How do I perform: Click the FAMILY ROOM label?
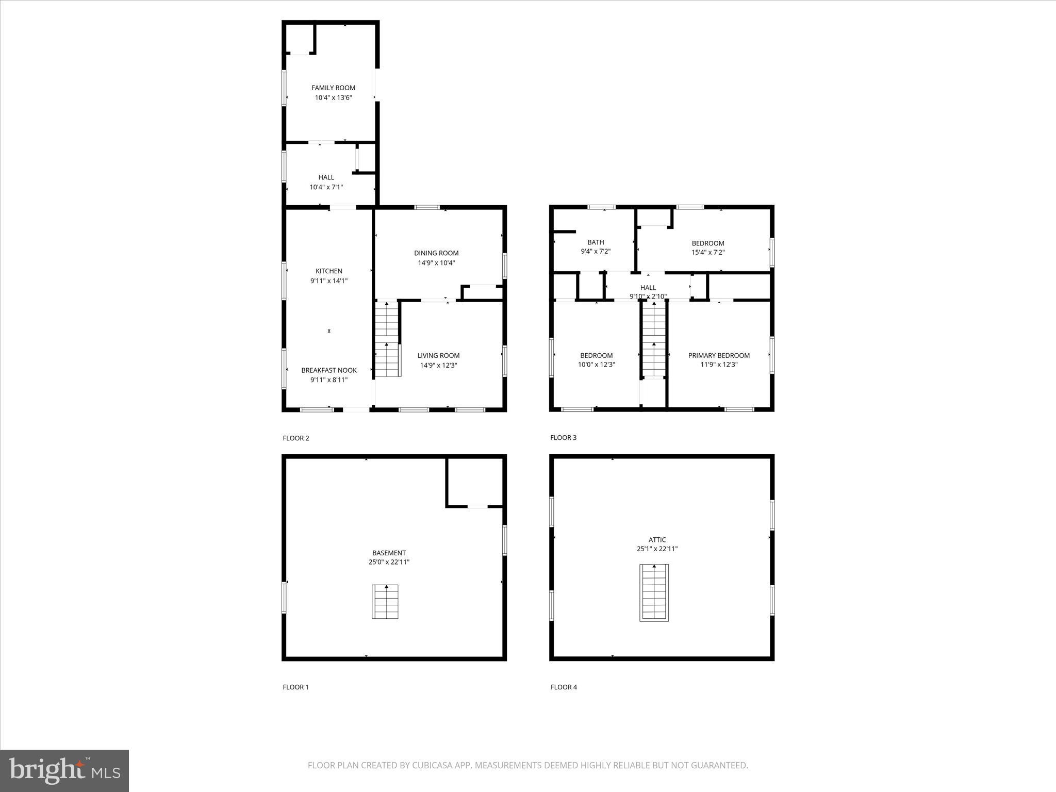tap(333, 88)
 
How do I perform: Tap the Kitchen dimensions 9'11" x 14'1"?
tap(329, 281)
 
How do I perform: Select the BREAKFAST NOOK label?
tap(329, 370)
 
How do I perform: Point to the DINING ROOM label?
tap(436, 253)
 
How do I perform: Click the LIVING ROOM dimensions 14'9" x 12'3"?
tap(438, 365)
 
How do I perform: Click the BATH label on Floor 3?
tap(596, 242)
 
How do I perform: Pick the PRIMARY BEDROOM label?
tap(719, 355)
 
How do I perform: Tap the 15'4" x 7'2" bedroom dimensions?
tap(708, 253)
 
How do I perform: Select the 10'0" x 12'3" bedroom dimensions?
tap(597, 365)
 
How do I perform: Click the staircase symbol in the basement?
tap(385, 601)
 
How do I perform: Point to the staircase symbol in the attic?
tap(654, 592)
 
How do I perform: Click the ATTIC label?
tap(657, 540)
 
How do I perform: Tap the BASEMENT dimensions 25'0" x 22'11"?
tap(389, 562)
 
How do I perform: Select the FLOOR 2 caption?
tap(296, 438)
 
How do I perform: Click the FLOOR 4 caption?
tap(564, 687)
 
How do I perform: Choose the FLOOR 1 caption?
tap(295, 687)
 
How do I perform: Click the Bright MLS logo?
tap(64, 770)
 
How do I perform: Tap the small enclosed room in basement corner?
tap(474, 482)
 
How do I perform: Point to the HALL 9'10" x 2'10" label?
tap(648, 292)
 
